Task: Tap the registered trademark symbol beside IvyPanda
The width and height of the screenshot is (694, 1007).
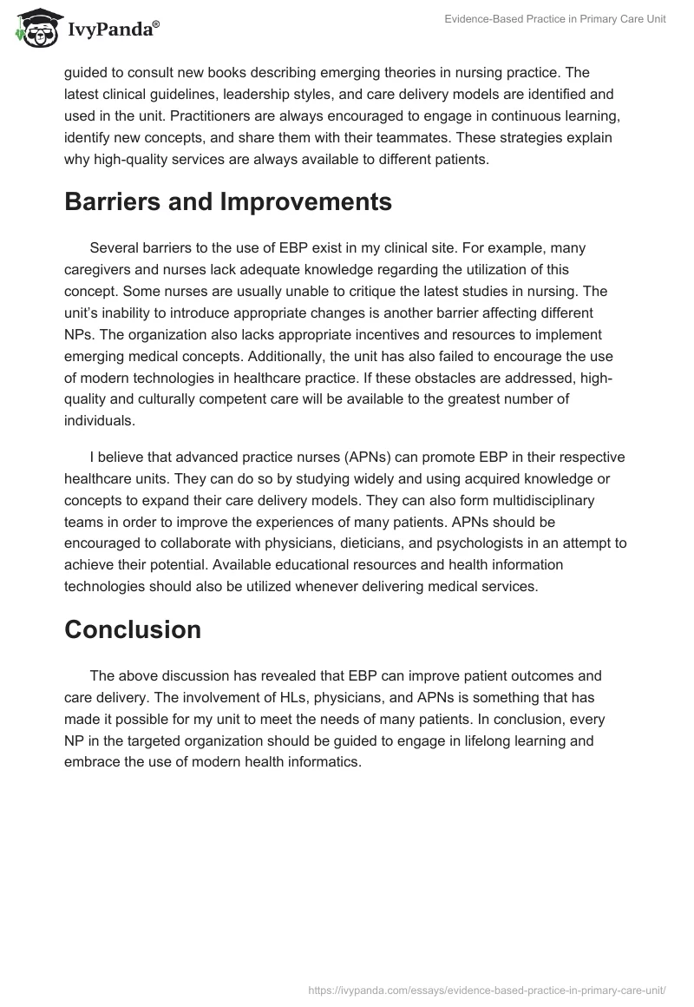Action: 156,26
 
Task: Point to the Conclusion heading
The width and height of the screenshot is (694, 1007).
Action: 133,629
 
